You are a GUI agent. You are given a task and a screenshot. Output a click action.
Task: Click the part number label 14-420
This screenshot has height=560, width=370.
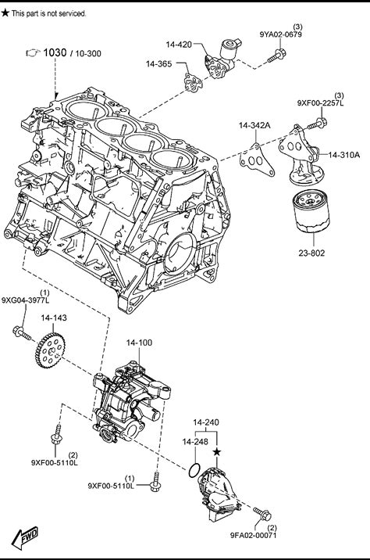[179, 45]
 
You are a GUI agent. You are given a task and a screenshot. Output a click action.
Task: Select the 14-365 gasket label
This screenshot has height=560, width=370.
[158, 64]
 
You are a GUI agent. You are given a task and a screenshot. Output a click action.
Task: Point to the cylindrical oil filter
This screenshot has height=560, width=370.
[311, 211]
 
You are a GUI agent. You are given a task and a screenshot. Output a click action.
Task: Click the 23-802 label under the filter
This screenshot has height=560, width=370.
[311, 253]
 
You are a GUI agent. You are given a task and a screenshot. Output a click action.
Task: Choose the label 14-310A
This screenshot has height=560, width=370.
[344, 155]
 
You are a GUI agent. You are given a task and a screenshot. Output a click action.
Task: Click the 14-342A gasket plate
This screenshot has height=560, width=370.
[256, 160]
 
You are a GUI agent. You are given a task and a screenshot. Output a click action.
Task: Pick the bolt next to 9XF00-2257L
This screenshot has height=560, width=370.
[317, 124]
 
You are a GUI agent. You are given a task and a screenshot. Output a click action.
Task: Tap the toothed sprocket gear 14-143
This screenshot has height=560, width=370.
[50, 350]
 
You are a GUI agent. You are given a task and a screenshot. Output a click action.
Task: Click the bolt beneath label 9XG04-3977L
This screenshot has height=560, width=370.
[22, 332]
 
